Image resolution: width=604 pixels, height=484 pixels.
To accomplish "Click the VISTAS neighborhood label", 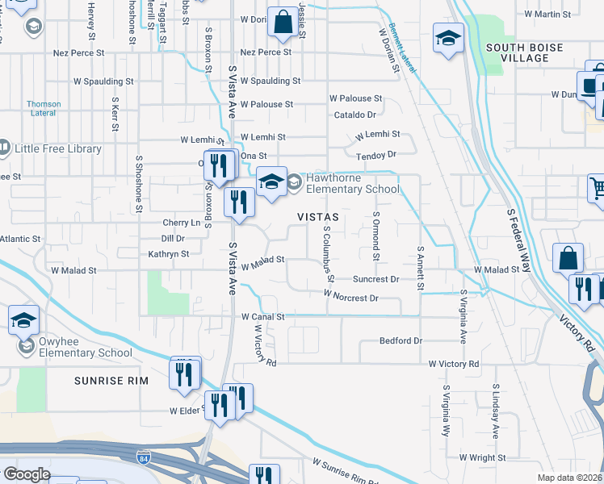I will [316, 217].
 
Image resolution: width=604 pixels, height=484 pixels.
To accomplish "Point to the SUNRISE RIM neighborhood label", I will [107, 380].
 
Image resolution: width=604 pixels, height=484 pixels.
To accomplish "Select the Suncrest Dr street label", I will [375, 279].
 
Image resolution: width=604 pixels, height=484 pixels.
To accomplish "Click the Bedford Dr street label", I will [401, 341].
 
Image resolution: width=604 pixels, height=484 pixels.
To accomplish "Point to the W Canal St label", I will [263, 317].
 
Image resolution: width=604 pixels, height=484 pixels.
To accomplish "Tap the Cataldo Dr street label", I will [355, 115].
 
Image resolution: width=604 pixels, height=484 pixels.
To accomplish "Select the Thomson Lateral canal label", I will [44, 108].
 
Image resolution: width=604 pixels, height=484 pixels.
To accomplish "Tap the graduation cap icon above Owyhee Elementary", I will [24, 321].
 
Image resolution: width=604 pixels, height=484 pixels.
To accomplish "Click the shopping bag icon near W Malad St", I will [568, 259].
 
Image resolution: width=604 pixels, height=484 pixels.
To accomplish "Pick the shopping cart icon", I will [597, 189].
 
